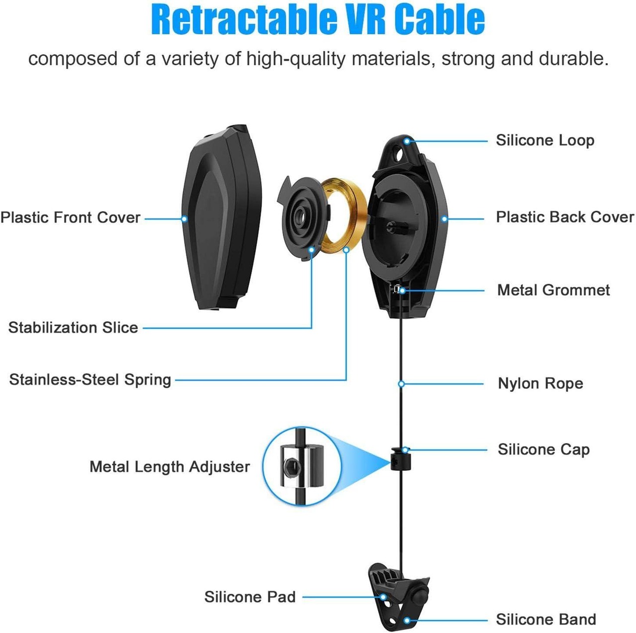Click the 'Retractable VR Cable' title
pos(318,20)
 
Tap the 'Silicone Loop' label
pos(545,141)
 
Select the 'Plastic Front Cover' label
pos(71,218)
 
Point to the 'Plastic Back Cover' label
pos(565,217)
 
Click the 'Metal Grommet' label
pos(554,290)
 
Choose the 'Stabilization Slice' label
pos(73,328)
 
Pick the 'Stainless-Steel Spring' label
pos(90,380)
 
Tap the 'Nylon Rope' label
pos(541,384)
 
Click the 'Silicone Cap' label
pos(544,450)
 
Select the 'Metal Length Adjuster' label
pos(169,467)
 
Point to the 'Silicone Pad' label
pos(250,597)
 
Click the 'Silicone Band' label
pos(546,620)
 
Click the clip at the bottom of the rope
pos(397,595)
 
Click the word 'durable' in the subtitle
pos(577,59)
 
